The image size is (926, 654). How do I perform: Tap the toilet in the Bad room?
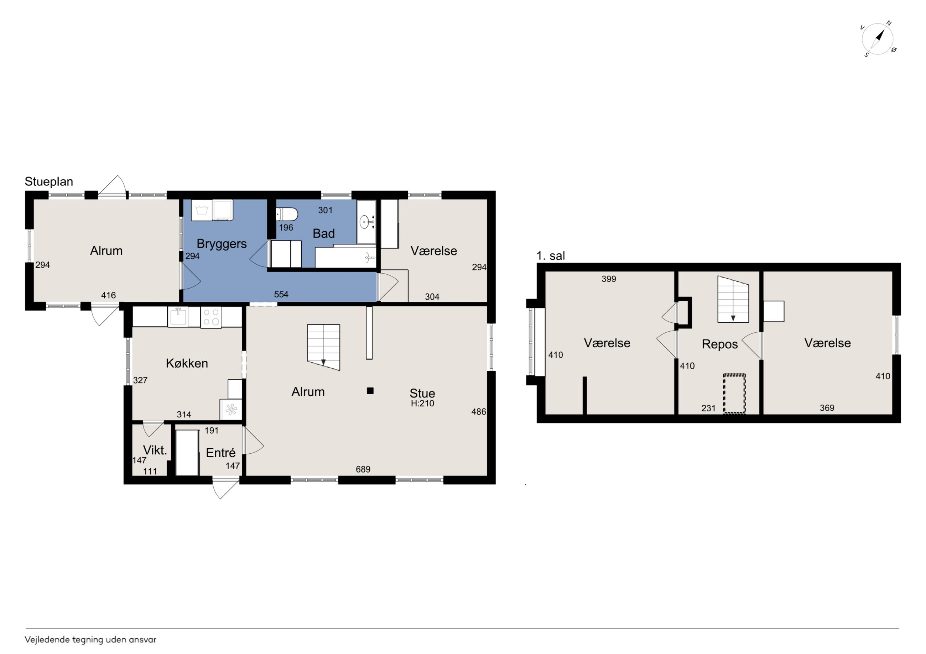(287, 214)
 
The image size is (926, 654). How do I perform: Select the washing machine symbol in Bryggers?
(201, 210)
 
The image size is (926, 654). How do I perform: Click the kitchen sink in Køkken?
(178, 317)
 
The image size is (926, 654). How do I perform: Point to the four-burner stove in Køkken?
(211, 317)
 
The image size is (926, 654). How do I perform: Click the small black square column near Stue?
(370, 390)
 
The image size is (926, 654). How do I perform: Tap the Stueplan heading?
(49, 182)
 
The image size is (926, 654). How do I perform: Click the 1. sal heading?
(551, 256)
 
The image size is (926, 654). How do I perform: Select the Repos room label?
(720, 344)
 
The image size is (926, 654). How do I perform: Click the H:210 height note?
(422, 404)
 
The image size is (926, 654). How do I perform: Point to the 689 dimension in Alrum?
(363, 469)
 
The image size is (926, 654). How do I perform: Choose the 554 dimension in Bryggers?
(281, 295)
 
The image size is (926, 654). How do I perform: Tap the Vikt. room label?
(155, 450)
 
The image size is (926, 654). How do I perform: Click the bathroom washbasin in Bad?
(365, 222)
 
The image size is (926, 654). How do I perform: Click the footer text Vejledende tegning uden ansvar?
(90, 639)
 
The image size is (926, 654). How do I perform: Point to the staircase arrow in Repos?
(733, 318)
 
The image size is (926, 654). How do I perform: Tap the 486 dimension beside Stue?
(479, 411)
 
